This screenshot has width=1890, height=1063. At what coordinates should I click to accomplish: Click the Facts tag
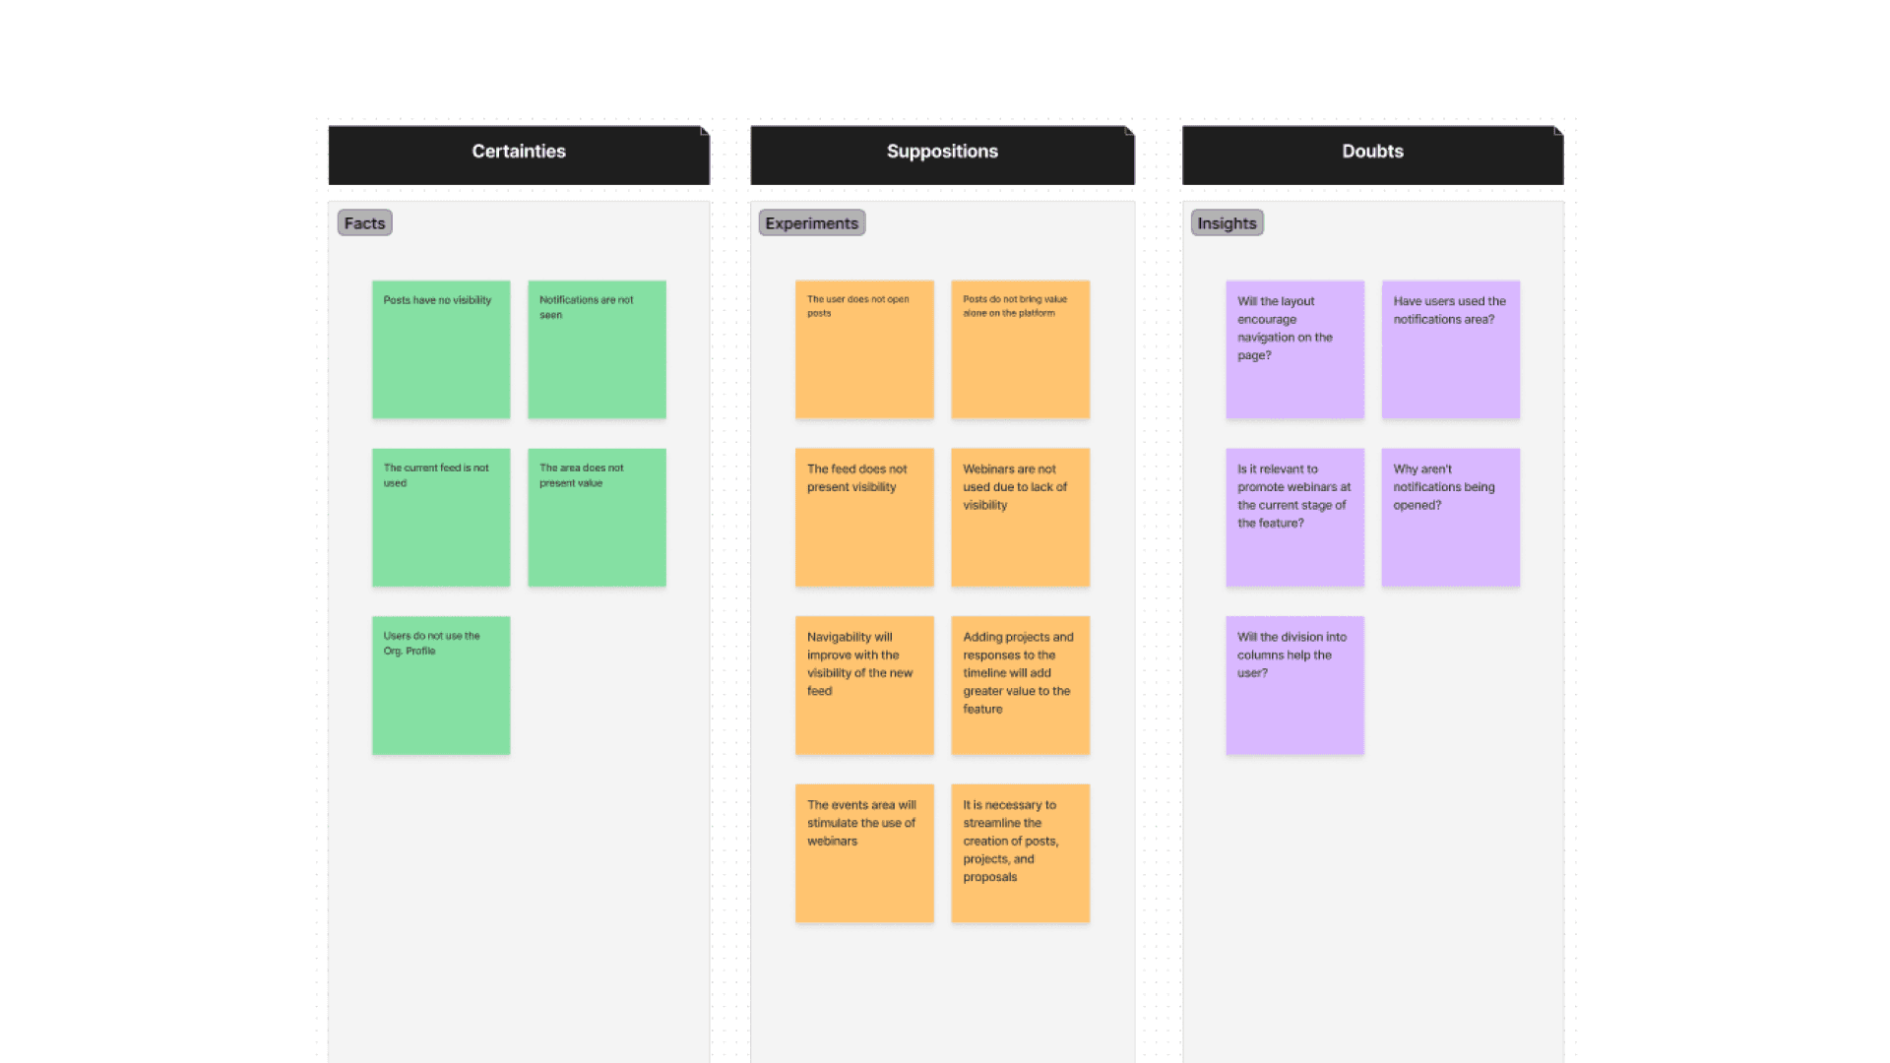(364, 223)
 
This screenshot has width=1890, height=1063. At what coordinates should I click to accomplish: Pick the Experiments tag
(811, 223)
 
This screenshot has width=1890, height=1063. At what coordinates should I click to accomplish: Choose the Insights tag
(1227, 223)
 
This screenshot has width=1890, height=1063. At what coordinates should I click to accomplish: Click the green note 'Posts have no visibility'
(441, 349)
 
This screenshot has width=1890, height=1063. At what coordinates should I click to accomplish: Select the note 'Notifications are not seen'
(597, 349)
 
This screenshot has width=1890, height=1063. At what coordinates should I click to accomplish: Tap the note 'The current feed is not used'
(441, 518)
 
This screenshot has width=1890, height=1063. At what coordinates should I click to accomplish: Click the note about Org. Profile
(441, 685)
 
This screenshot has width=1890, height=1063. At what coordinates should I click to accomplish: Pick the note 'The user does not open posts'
(864, 349)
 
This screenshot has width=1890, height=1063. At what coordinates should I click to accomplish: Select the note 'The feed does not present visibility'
(864, 518)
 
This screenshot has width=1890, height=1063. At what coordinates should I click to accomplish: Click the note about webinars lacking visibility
(1020, 518)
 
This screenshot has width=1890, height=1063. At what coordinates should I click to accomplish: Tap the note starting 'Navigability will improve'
(864, 685)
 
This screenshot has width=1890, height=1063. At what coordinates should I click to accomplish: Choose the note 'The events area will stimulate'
(864, 853)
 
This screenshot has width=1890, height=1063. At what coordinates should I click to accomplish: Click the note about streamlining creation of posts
(1020, 853)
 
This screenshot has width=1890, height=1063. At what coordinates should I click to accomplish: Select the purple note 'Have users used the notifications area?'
(1450, 349)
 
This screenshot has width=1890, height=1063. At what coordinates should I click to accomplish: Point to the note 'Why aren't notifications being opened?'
(1450, 518)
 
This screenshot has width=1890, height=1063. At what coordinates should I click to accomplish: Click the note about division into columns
(1294, 685)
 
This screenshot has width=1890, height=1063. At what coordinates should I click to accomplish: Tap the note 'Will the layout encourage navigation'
(1294, 349)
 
